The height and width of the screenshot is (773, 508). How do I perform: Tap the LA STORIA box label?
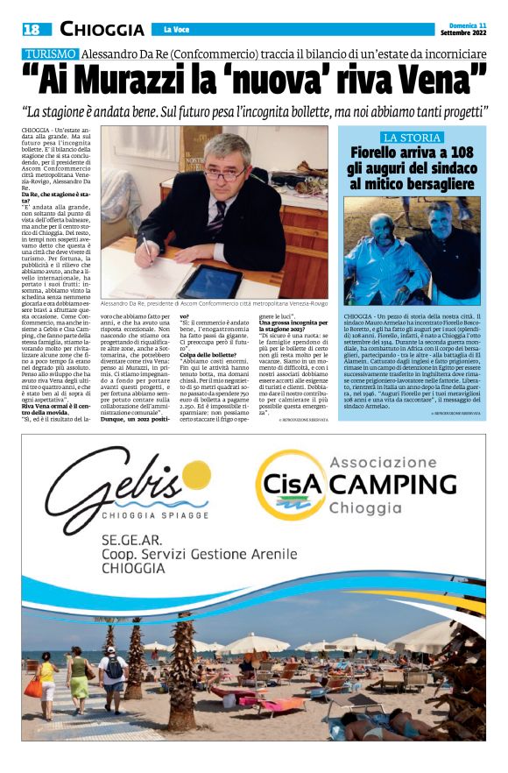point(411,138)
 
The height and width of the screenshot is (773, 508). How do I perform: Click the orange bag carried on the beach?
point(32,686)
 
